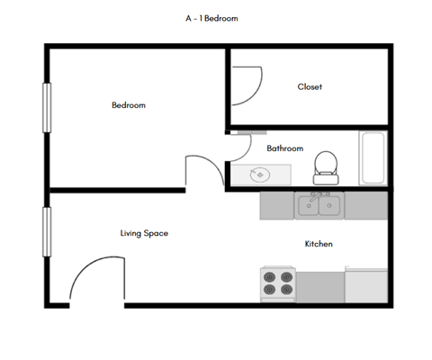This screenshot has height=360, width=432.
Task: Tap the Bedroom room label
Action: point(128,105)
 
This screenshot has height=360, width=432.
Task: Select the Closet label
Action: point(310,86)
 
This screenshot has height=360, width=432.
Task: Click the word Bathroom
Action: point(284,148)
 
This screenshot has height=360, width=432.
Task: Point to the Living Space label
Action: point(144,233)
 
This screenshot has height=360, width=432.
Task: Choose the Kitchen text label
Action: point(319,244)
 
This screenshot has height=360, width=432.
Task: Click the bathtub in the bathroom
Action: point(373,158)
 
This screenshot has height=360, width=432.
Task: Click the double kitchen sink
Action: point(320,206)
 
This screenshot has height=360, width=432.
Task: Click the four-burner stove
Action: point(278,283)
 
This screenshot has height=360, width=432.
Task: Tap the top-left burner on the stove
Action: point(270,276)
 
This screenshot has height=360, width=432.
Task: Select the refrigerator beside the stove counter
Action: point(366,285)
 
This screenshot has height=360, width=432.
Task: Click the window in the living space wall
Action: point(45,232)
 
